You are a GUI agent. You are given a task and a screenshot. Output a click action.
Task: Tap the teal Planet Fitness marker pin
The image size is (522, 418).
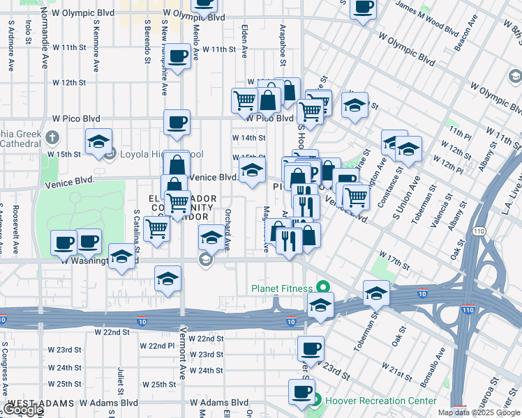(x=322, y=286)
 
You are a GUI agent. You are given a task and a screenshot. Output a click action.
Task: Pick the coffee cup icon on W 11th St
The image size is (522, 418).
(x=177, y=56)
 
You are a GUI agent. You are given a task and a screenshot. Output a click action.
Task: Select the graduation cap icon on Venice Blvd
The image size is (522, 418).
(x=252, y=169)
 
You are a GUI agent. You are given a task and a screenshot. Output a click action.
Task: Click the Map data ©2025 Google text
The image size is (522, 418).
(x=479, y=412)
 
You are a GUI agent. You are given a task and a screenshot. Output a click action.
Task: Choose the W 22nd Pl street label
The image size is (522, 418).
(x=156, y=346)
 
